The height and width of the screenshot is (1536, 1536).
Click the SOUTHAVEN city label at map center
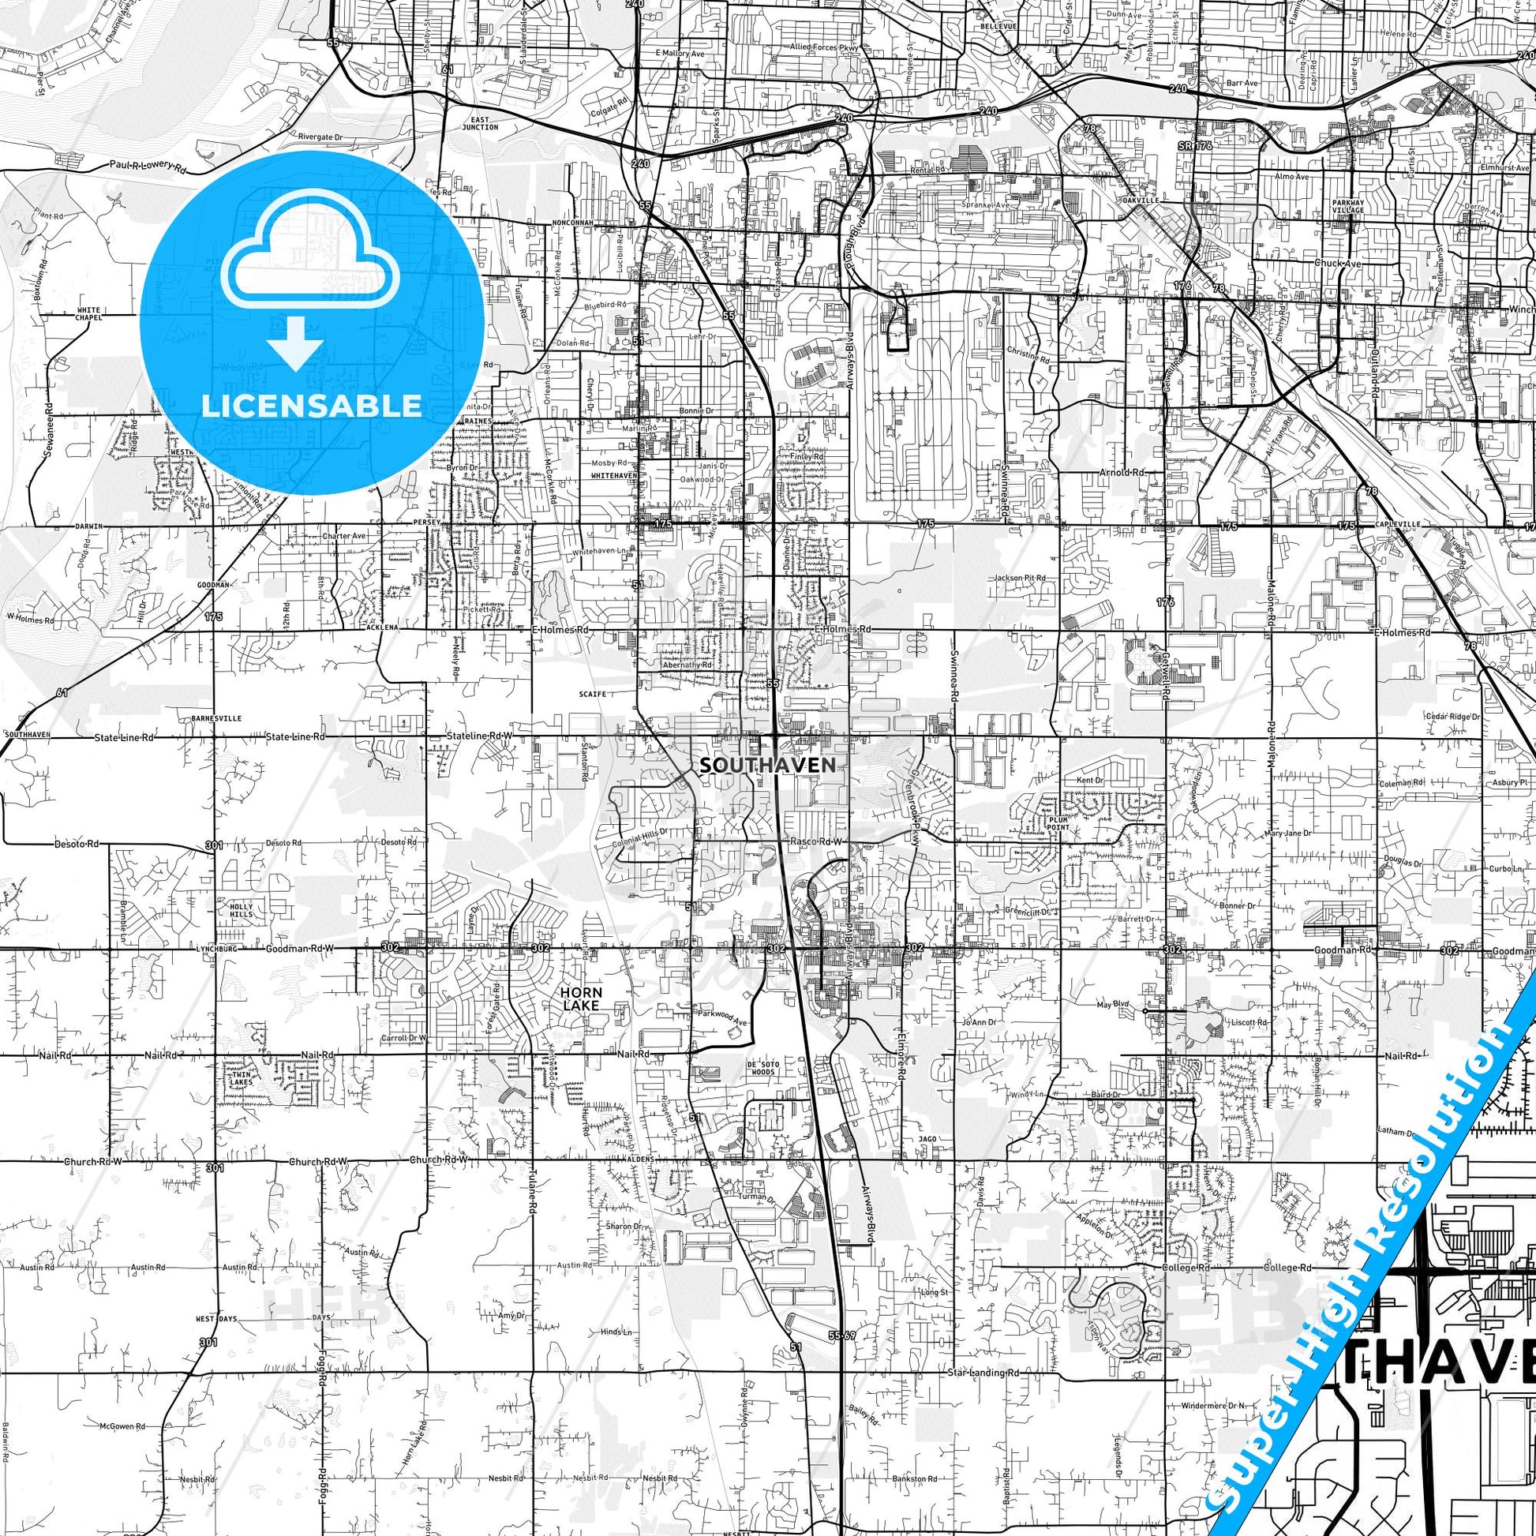(768, 765)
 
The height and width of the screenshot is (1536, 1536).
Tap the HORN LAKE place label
(581, 998)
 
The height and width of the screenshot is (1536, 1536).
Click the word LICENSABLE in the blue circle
(312, 405)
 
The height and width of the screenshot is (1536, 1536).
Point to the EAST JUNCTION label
(479, 122)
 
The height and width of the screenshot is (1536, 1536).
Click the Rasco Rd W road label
(814, 841)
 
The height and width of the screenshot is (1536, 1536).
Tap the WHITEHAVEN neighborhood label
(615, 474)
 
